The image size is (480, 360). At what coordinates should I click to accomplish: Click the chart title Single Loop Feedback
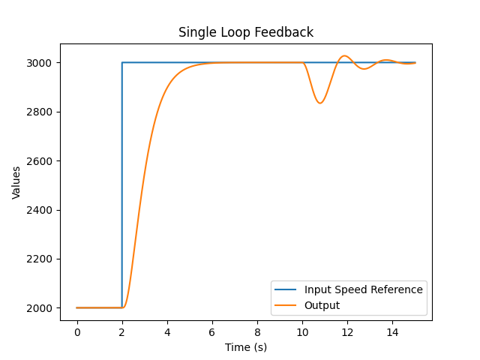click(x=246, y=32)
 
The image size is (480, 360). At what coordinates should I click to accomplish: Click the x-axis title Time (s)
click(x=246, y=347)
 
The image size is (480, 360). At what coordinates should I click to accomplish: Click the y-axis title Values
click(x=16, y=182)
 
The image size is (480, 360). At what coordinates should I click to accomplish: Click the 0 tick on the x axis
click(x=77, y=331)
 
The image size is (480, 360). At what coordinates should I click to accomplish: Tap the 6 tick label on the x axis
click(x=212, y=331)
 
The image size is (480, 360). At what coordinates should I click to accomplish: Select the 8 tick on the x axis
click(x=257, y=331)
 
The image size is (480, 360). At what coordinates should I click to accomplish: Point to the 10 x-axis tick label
click(x=302, y=331)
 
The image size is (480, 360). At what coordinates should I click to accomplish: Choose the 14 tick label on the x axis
click(x=392, y=331)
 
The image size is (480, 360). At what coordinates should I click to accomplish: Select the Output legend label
click(x=322, y=305)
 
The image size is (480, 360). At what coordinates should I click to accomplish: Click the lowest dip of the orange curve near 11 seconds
click(x=320, y=103)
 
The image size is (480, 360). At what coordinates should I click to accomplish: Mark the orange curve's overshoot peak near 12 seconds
click(x=344, y=56)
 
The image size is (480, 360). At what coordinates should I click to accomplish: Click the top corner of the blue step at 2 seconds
click(x=122, y=62)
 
